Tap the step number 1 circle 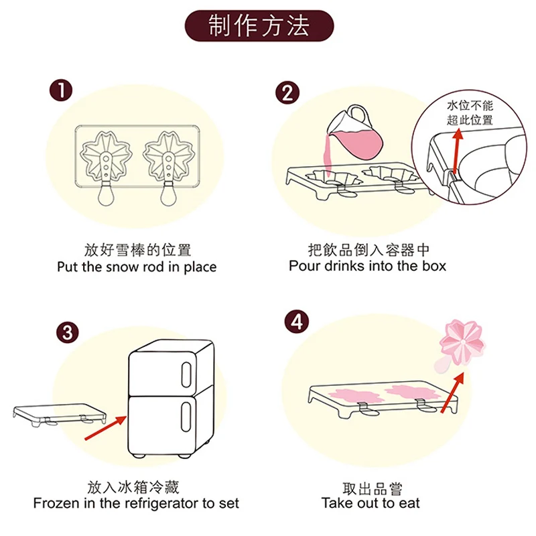(x=62, y=91)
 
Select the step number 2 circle (x=287, y=92)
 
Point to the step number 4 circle (x=297, y=322)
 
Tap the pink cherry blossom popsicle (x=463, y=341)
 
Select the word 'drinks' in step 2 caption (x=349, y=265)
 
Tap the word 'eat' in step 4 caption (x=407, y=503)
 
